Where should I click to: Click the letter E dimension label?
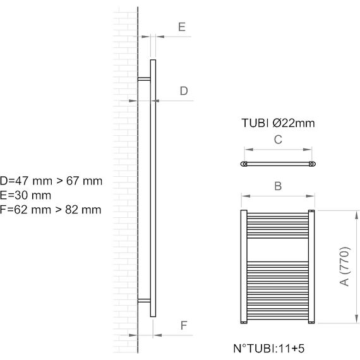tap(182, 27)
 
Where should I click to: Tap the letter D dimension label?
tap(184, 91)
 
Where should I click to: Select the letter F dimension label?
tap(184, 325)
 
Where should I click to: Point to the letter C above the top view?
tap(278, 140)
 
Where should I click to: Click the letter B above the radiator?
tap(278, 186)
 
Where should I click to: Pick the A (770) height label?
tap(344, 267)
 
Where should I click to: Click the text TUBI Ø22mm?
tap(278, 123)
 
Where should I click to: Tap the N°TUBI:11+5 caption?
tap(269, 348)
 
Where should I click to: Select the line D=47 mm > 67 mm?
tap(51, 181)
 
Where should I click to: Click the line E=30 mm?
tap(25, 195)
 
